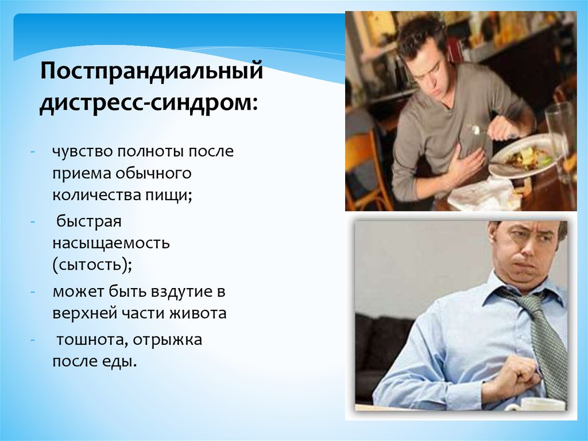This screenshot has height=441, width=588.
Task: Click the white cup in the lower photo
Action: coord(534,404)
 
